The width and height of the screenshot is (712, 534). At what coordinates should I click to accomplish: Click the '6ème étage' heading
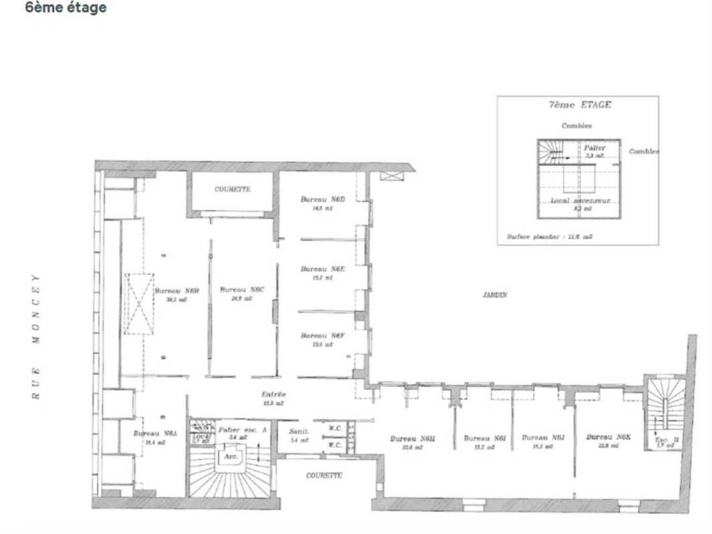(x=66, y=8)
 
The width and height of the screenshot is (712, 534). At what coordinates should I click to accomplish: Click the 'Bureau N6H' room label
(x=412, y=438)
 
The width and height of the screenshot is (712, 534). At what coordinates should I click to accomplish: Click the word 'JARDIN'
(x=494, y=294)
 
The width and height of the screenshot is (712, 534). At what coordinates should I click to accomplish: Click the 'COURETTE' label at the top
(x=232, y=190)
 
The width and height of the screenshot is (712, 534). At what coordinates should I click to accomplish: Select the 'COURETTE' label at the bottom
(x=324, y=475)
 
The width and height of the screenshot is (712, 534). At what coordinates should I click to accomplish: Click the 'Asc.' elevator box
(x=231, y=457)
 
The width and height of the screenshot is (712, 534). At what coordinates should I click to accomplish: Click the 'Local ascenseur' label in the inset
(x=580, y=201)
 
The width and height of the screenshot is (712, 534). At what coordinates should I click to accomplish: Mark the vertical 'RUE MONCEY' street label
(x=38, y=336)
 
